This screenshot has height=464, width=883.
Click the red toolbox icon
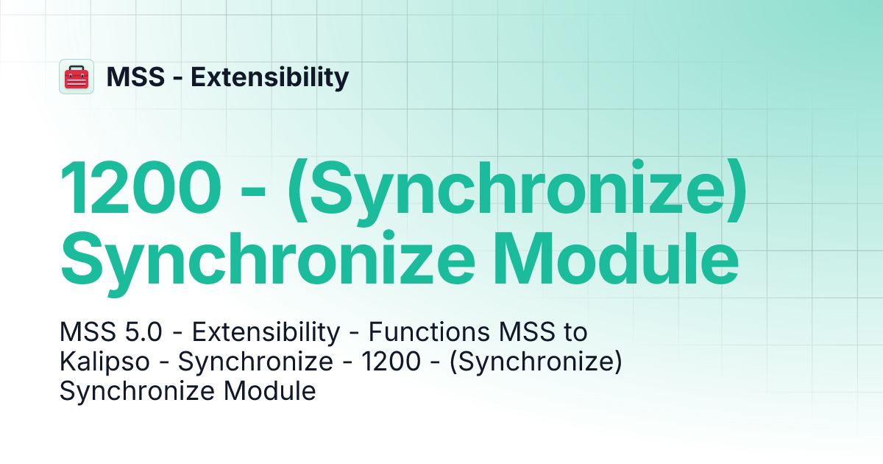(x=77, y=77)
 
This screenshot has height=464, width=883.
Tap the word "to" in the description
(x=575, y=333)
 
